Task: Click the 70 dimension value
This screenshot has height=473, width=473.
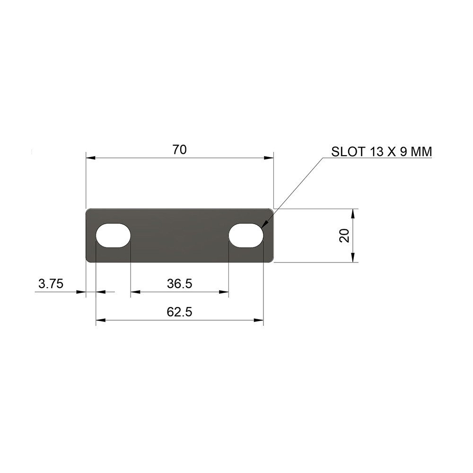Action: [180, 150]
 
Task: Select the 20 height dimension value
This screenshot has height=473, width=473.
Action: [345, 235]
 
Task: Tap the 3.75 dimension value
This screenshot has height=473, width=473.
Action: [51, 284]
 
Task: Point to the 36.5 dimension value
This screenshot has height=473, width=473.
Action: [179, 284]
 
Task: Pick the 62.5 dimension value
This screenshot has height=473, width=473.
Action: [179, 312]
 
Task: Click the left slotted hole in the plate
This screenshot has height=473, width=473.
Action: [113, 235]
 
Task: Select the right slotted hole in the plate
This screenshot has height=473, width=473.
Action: [246, 235]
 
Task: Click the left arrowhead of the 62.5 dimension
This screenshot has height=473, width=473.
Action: [100, 321]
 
